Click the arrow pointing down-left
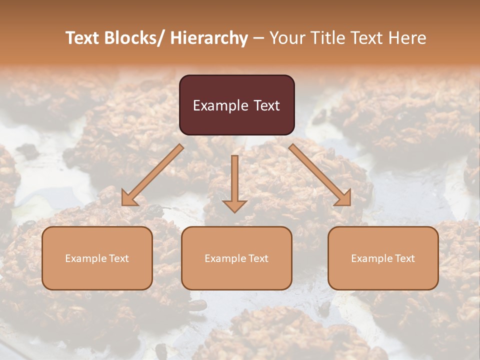152,175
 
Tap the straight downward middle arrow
234,180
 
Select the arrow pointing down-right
320,175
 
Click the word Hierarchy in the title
209,38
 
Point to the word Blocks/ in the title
133,38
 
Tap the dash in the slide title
258,38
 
